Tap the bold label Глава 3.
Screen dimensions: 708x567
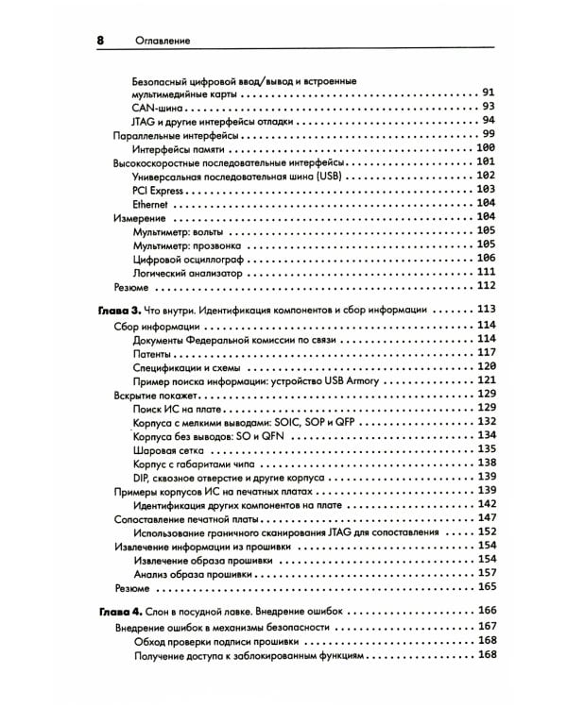click(x=120, y=310)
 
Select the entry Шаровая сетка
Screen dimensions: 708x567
click(x=168, y=449)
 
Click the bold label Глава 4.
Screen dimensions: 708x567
click(x=120, y=612)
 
